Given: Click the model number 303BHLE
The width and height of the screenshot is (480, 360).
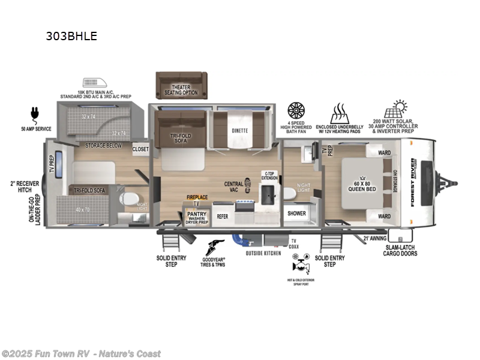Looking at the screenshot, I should coord(71,36).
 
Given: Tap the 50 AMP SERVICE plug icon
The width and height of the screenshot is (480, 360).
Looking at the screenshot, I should coord(34,115).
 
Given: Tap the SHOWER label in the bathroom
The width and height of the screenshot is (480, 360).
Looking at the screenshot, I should coord(296,213).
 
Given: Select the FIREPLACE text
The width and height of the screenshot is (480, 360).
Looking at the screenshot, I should coord(197,197).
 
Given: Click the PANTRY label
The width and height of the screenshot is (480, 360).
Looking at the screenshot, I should coord(197,214).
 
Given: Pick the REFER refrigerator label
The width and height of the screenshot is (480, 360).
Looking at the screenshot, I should coord(222,216).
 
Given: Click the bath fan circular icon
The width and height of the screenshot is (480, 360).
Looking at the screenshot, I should coord(297,111).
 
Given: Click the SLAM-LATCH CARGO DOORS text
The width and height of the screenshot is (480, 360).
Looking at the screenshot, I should coord(400,250).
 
